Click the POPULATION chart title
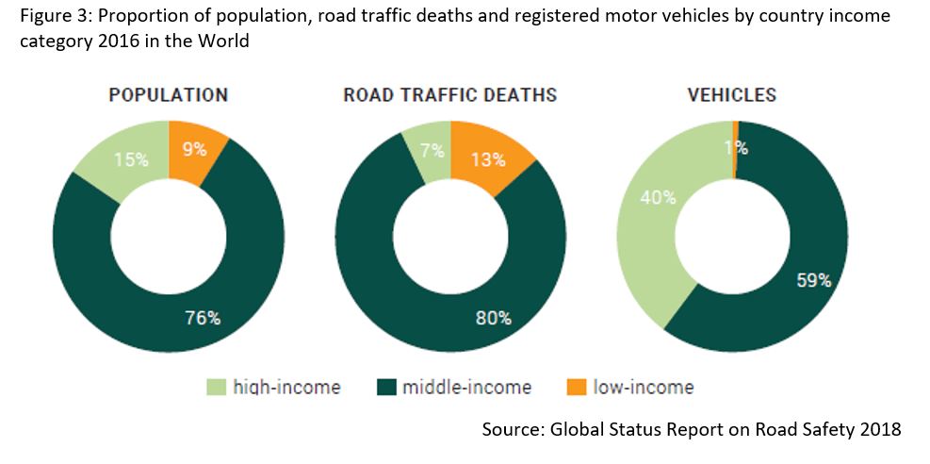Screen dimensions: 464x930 168,95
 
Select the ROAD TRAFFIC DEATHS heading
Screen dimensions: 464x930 449,95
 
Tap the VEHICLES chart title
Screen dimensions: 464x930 731,95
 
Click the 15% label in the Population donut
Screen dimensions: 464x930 131,159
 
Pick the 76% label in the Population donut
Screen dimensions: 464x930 202,318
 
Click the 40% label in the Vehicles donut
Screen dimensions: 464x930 658,197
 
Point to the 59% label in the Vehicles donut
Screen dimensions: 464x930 812,280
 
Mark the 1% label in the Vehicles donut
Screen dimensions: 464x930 736,147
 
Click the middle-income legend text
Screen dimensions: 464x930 466,388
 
